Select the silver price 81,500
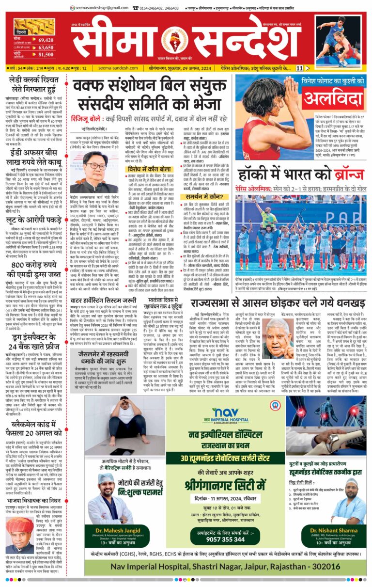(46, 55)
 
